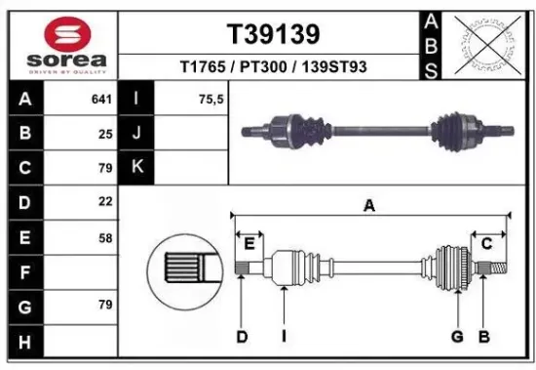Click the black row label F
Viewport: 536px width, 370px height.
(x=23, y=272)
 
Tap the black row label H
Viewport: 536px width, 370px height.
(x=23, y=341)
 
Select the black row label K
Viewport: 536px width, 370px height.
(x=136, y=167)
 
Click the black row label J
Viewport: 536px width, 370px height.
(x=136, y=133)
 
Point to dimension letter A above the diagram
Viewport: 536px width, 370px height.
(x=369, y=205)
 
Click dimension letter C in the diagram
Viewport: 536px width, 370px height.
(x=485, y=243)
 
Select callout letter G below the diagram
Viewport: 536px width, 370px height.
(x=455, y=337)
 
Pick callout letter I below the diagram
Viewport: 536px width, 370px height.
(x=283, y=337)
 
